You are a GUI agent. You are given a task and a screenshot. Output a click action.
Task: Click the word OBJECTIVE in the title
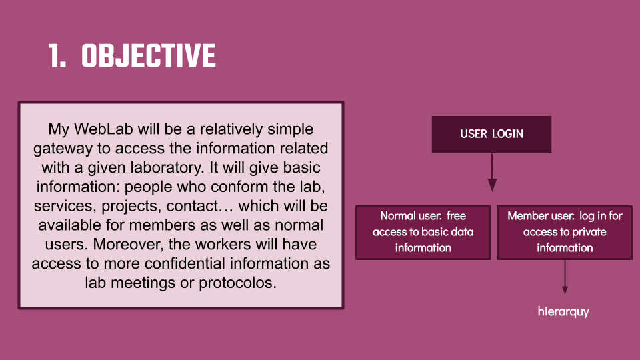coord(149,55)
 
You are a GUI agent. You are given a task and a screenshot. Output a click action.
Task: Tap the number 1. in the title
coord(57,55)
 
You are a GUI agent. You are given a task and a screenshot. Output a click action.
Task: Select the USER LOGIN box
coord(491,135)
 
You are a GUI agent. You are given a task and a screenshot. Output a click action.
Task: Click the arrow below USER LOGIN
coord(492,172)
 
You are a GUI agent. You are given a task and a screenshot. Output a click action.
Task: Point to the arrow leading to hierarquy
coord(565,277)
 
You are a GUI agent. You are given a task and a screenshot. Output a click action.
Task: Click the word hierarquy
coord(563,312)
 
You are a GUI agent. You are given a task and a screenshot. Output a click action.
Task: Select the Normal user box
coord(423,232)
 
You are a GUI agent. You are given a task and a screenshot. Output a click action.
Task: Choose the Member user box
coord(565,232)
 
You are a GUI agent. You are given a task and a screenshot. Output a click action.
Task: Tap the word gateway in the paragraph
coord(63,149)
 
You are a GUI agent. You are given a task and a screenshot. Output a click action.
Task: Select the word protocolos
coord(237,283)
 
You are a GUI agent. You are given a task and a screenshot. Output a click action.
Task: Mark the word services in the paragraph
coord(65,206)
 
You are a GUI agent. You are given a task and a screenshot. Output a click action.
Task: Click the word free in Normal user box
coord(456,216)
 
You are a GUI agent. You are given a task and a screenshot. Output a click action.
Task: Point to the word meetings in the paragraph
coord(143,283)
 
